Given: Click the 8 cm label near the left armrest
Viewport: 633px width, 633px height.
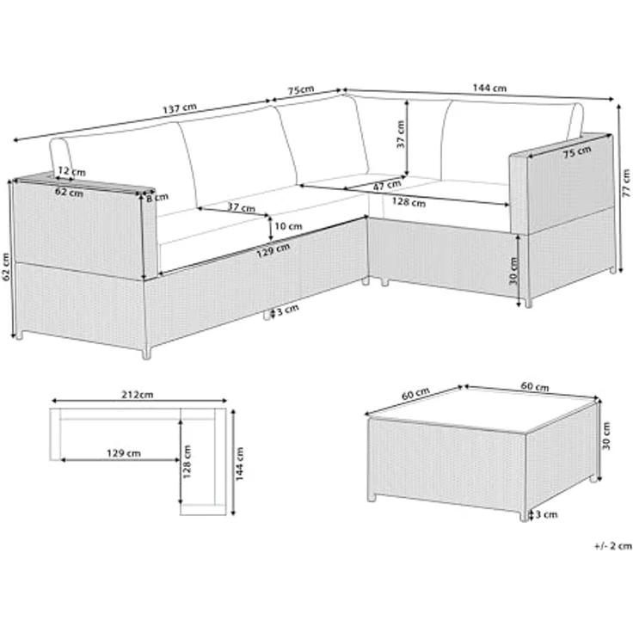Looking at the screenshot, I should pyautogui.click(x=156, y=200).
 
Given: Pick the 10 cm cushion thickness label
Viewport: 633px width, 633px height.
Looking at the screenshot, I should pyautogui.click(x=289, y=225).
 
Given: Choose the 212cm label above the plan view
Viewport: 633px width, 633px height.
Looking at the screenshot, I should pyautogui.click(x=137, y=396).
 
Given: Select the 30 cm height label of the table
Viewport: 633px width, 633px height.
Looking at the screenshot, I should pyautogui.click(x=606, y=440).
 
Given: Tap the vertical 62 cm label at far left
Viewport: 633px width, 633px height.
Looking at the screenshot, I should pyautogui.click(x=7, y=267).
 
